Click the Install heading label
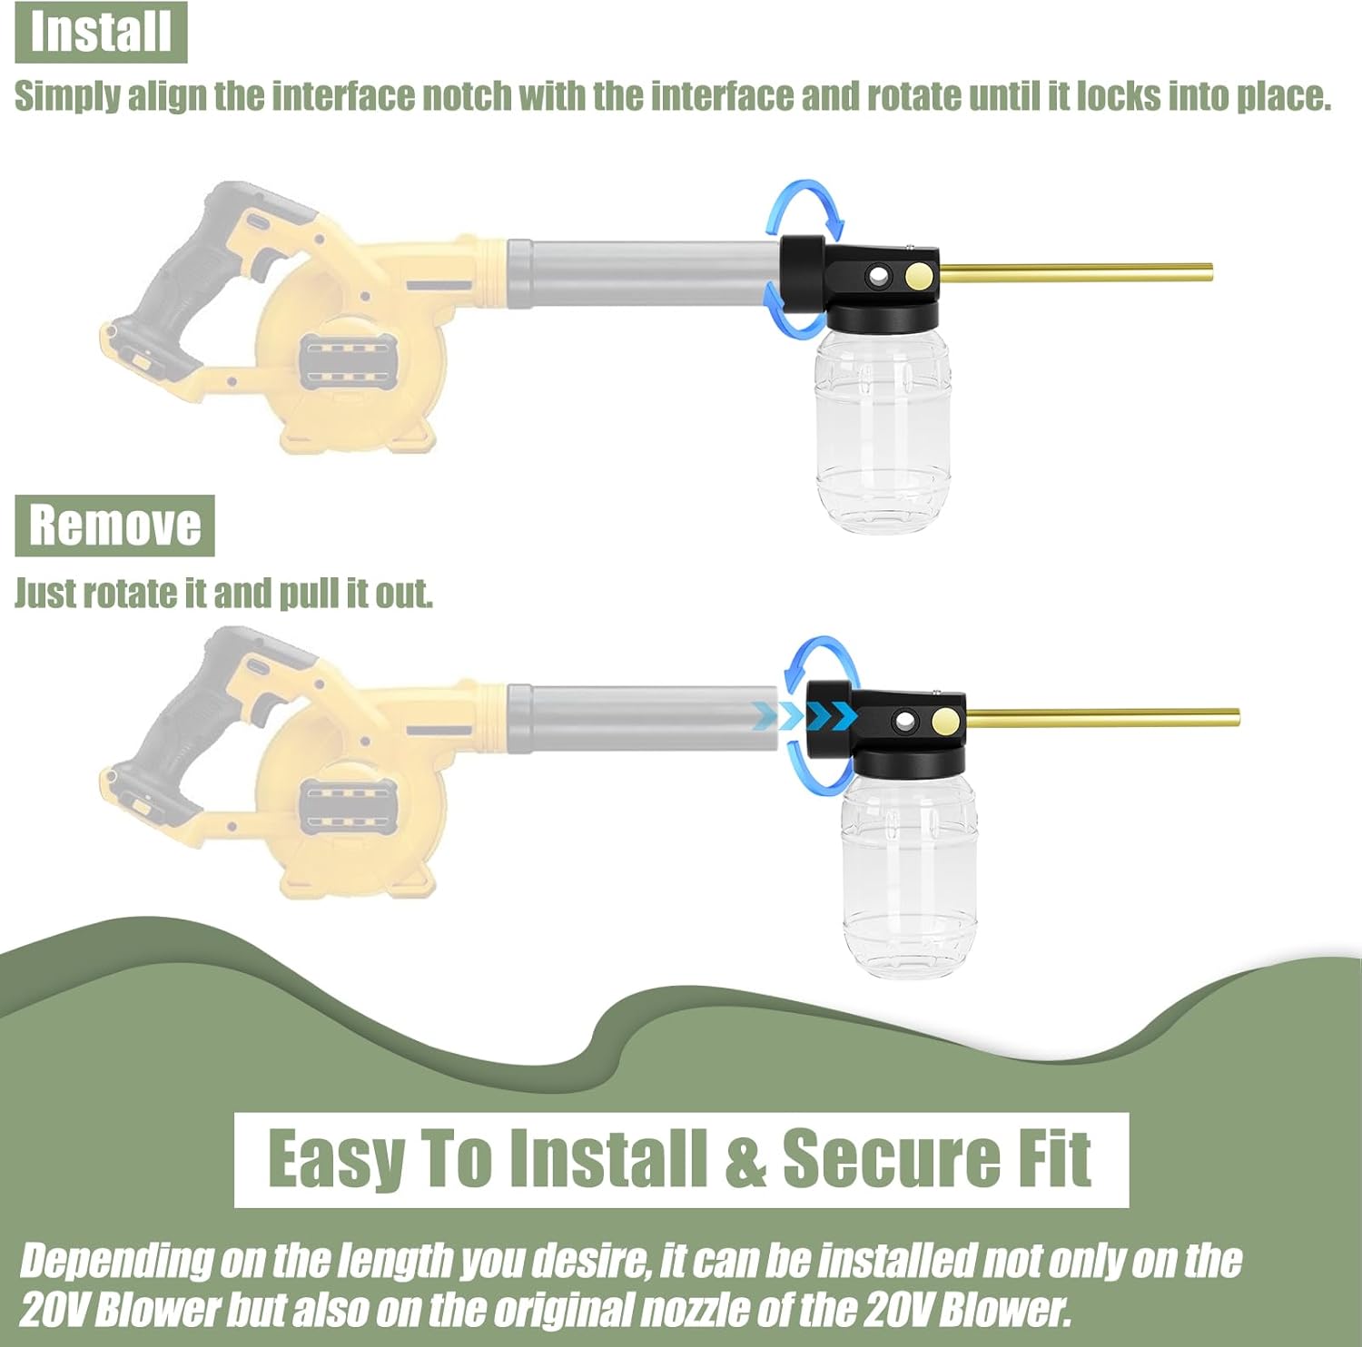[x=101, y=32]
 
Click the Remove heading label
[x=114, y=526]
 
